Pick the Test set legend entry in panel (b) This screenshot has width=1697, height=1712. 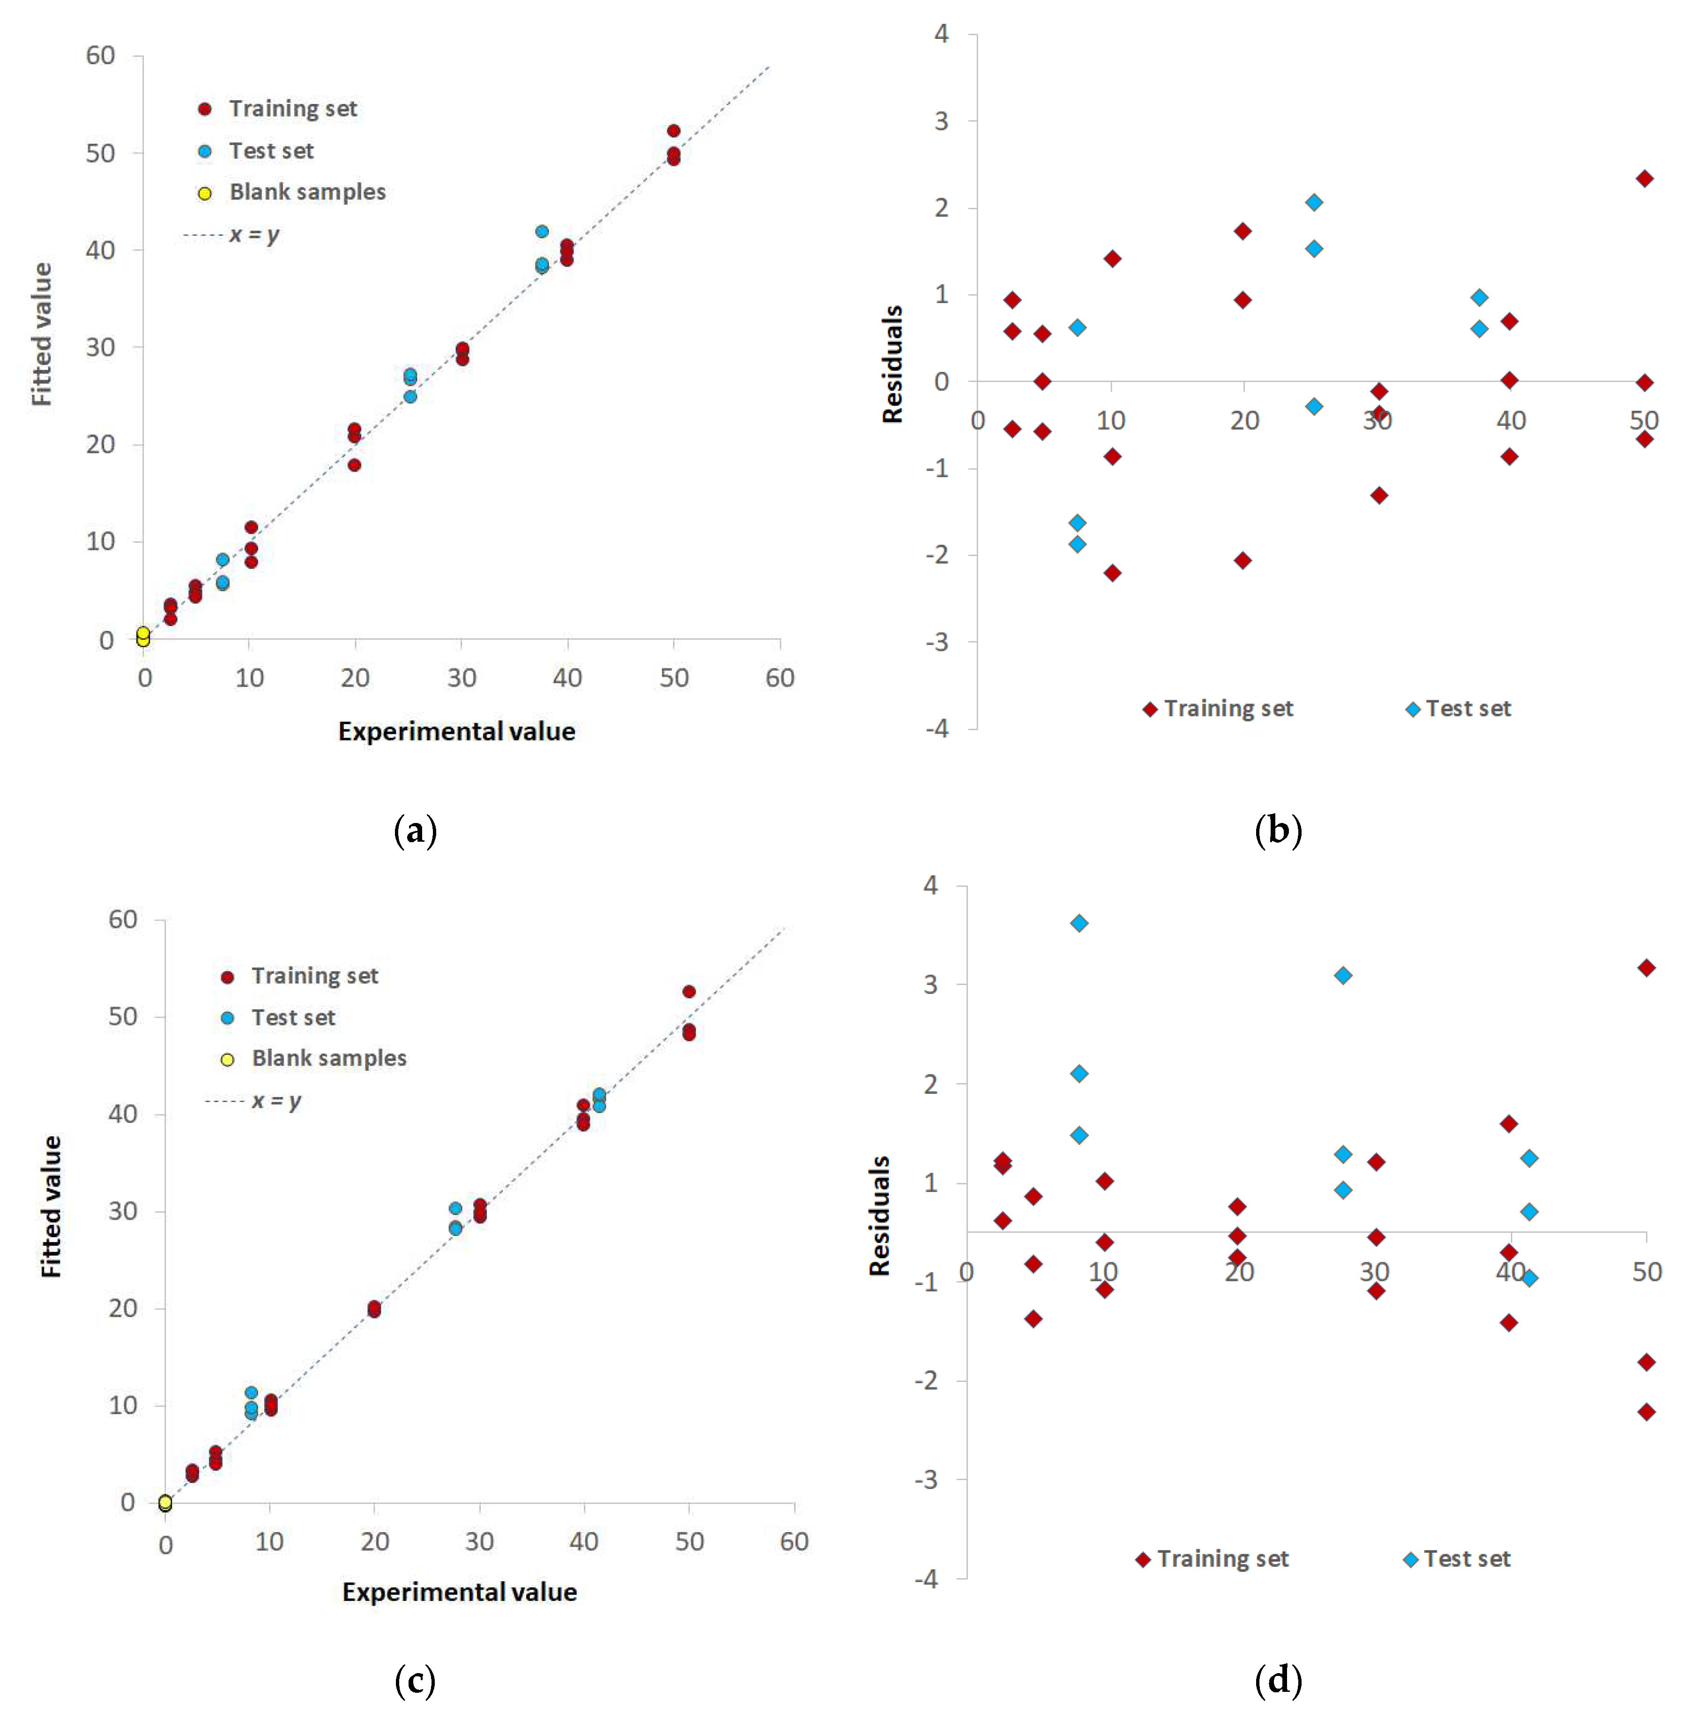(x=1466, y=709)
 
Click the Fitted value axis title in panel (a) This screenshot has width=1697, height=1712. (x=42, y=335)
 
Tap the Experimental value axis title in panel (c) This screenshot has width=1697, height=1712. (x=459, y=1593)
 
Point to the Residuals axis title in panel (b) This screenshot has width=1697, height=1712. (x=893, y=364)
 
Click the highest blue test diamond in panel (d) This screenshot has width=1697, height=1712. (x=1079, y=923)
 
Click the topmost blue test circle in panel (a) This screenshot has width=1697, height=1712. (x=542, y=231)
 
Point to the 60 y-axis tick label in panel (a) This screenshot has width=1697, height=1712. (x=100, y=56)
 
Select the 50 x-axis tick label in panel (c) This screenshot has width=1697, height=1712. (x=689, y=1542)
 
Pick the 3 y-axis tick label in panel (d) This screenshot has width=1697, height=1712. (x=930, y=985)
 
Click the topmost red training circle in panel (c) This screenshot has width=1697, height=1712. (x=689, y=992)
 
